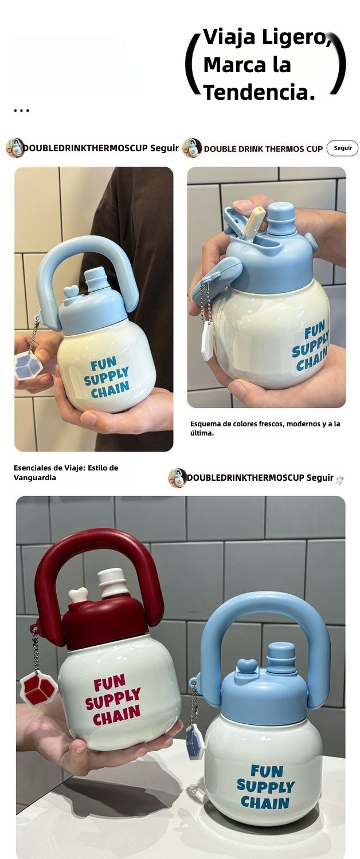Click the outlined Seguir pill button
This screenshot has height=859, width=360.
click(x=342, y=148)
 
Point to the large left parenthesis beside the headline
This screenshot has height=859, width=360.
click(x=192, y=64)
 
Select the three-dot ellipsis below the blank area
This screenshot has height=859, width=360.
click(x=21, y=111)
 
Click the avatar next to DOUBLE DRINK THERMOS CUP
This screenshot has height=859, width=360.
click(x=192, y=148)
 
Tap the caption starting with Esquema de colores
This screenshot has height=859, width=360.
click(x=265, y=428)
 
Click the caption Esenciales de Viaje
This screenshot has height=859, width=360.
click(x=66, y=472)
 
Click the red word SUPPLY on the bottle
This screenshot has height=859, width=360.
click(x=113, y=699)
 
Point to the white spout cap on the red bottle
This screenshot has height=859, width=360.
click(x=111, y=583)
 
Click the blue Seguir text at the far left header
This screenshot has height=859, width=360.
click(x=165, y=148)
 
